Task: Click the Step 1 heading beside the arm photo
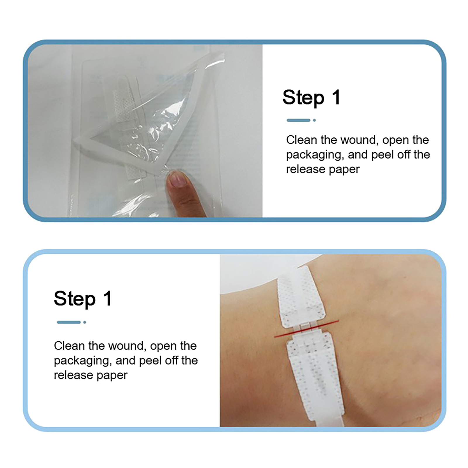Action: tap(82, 298)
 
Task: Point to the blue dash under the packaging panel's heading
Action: tap(298, 120)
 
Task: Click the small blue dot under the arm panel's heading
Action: tap(85, 322)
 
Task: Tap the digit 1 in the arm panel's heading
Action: tap(108, 298)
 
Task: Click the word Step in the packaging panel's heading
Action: tap(303, 97)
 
